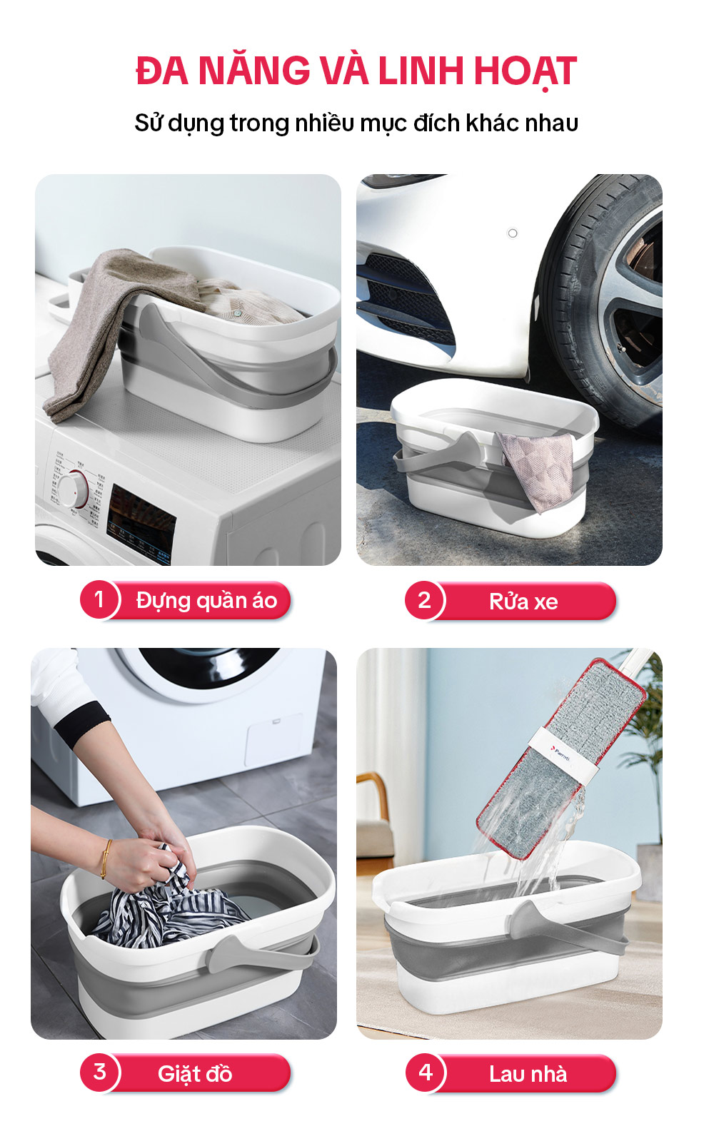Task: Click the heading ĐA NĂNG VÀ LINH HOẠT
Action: point(356,71)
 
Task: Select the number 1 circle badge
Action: point(99,599)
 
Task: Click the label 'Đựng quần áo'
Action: point(206,601)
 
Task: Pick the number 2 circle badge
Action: point(424,600)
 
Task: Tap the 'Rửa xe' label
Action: point(523,602)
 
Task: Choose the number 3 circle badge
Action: point(99,1072)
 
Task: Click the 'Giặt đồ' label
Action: point(195,1074)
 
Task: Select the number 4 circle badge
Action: point(426,1072)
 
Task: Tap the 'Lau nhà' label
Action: point(528,1074)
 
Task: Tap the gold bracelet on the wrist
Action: point(105,858)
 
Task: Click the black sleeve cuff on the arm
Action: point(81,723)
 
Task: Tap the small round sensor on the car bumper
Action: point(513,233)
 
